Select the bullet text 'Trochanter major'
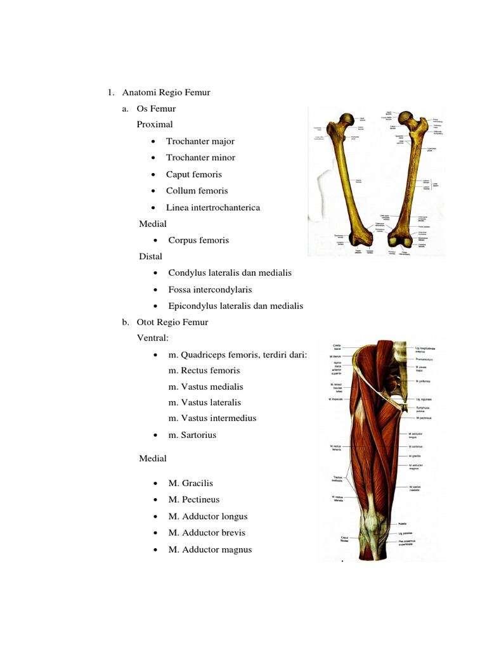point(200,141)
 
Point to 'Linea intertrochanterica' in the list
point(213,207)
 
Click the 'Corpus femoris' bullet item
point(198,240)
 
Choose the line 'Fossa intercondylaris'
point(210,290)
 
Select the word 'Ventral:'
point(153,338)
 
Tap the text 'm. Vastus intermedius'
point(212,418)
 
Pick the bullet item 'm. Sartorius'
point(192,435)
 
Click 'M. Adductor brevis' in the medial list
point(207,533)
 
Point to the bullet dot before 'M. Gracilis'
point(155,484)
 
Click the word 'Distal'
point(151,257)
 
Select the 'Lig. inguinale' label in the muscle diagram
point(424,400)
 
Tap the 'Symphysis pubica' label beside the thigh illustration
point(424,409)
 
